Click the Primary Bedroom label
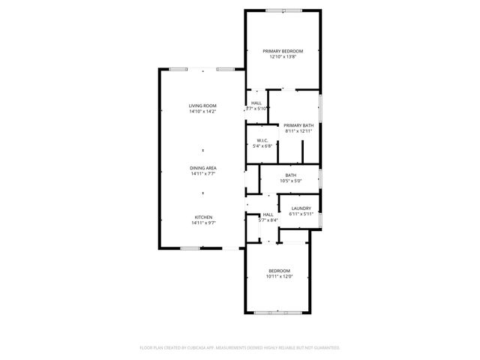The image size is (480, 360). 283,51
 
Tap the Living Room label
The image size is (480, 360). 202,106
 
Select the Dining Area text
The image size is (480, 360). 202,168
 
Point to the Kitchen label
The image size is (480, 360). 202,217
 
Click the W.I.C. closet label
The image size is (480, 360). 262,140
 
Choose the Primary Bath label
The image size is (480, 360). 298,125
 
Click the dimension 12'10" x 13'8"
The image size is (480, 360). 283,57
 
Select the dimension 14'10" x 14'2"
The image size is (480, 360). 202,112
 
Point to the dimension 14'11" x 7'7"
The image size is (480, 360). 202,174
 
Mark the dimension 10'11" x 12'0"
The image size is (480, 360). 279,276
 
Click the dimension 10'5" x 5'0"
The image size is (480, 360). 290,181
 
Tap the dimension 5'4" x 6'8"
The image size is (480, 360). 262,146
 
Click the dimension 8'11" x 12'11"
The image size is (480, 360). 298,131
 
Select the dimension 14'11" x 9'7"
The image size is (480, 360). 202,223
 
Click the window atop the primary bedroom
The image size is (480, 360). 284,10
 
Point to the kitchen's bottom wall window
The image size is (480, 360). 190,247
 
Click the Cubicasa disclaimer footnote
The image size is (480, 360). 240,348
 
